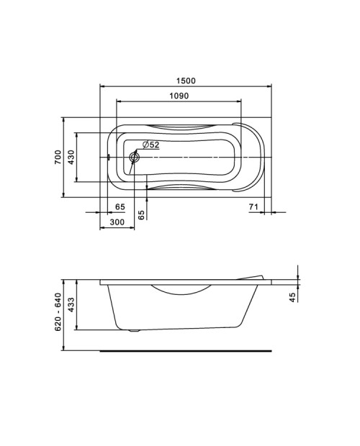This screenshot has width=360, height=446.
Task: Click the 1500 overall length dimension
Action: click(186, 81)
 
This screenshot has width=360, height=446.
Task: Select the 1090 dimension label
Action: click(179, 96)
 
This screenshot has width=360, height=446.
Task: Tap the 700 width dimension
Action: click(58, 157)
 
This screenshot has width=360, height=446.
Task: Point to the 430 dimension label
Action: click(71, 157)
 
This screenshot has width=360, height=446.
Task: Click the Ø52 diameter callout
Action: click(150, 145)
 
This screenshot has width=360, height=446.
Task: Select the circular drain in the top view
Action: click(134, 157)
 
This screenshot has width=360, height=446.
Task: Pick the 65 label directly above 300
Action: click(120, 206)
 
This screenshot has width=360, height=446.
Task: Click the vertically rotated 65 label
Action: click(141, 215)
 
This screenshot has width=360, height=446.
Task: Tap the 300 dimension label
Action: click(117, 222)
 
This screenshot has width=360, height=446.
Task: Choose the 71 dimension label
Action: click(253, 206)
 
